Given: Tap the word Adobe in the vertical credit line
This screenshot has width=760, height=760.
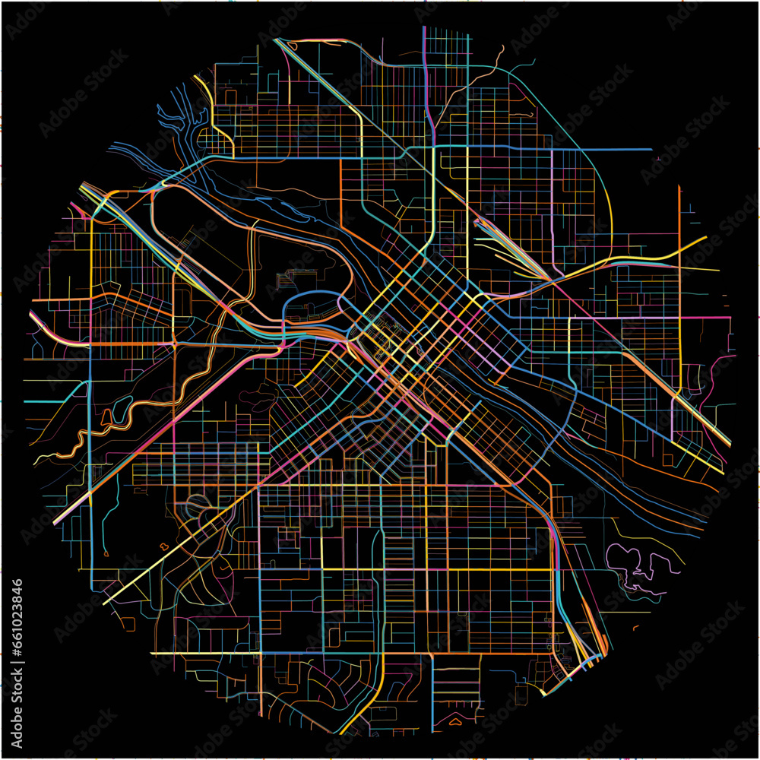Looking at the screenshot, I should coord(17,721).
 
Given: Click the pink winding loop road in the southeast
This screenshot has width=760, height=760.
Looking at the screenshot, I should coord(635,566).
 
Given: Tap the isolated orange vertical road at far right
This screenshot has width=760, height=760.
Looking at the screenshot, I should coord(679,220).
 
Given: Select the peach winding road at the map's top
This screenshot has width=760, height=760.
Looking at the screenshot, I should coord(486,68).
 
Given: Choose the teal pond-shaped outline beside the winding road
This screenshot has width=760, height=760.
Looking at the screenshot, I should coord(106,416).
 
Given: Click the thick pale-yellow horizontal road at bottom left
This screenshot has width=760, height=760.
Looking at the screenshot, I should coord(205,653).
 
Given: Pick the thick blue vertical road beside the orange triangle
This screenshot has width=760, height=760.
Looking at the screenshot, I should coord(432,684).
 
